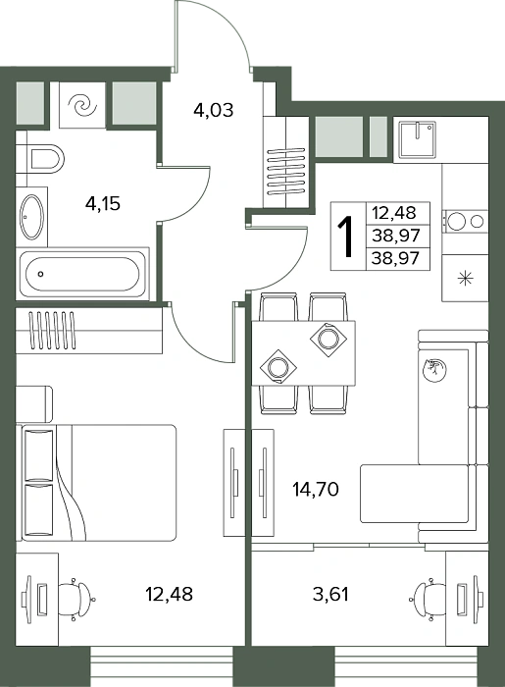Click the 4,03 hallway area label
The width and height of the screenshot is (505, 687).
pyautogui.click(x=214, y=110)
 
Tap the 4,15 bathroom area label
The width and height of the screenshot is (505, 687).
pyautogui.click(x=103, y=204)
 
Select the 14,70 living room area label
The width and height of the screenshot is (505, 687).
pyautogui.click(x=316, y=489)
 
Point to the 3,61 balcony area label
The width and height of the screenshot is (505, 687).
pyautogui.click(x=330, y=595)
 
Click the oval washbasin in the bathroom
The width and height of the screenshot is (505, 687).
pyautogui.click(x=32, y=217)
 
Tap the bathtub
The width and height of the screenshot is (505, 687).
pyautogui.click(x=82, y=274)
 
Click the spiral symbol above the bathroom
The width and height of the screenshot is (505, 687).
pyautogui.click(x=82, y=106)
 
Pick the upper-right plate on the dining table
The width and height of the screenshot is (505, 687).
pyautogui.click(x=328, y=340)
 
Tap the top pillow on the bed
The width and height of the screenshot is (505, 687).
pyautogui.click(x=39, y=455)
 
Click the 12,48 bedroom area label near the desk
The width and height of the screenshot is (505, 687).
pyautogui.click(x=169, y=595)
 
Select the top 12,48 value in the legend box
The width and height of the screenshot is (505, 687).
pyautogui.click(x=393, y=213)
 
